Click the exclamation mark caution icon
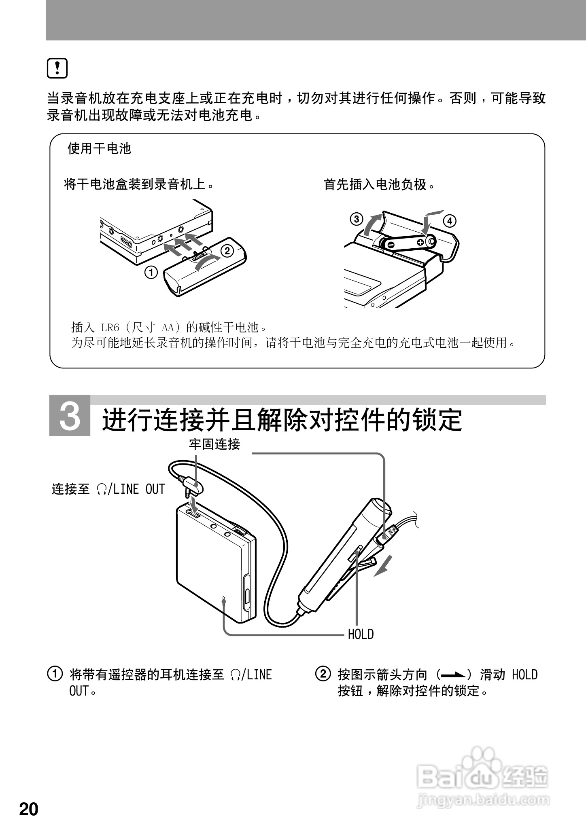click(57, 68)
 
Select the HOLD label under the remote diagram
click(361, 634)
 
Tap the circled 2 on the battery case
click(227, 251)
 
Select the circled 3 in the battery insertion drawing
click(356, 220)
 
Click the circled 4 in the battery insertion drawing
click(450, 221)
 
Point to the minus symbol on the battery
click(391, 245)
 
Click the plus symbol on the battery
click(420, 242)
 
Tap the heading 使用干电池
click(100, 149)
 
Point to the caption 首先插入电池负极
click(380, 185)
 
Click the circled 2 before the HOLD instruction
click(323, 674)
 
